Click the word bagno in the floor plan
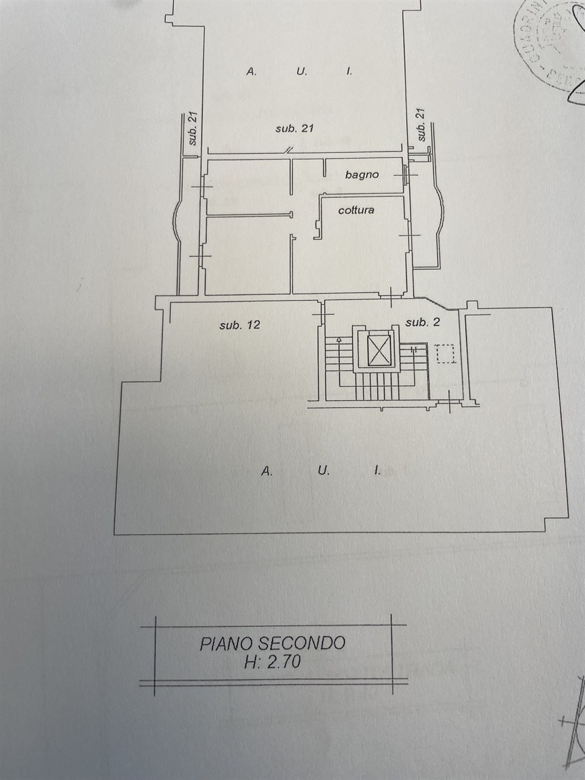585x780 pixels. [x=362, y=175]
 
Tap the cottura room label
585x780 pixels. [x=356, y=210]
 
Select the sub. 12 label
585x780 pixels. [x=240, y=325]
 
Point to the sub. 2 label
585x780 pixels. [x=422, y=322]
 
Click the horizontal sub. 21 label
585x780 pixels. [x=294, y=129]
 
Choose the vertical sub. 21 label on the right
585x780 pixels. [x=422, y=125]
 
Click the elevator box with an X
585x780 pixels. [x=376, y=350]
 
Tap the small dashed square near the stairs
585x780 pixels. [x=445, y=353]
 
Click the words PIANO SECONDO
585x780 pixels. [x=273, y=643]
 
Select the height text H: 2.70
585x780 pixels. [x=272, y=662]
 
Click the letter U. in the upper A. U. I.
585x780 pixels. [x=302, y=71]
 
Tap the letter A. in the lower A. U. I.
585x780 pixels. [x=266, y=471]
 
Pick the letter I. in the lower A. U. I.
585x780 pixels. [x=376, y=471]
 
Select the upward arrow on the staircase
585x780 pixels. [x=339, y=341]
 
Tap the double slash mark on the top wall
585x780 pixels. [x=290, y=150]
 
